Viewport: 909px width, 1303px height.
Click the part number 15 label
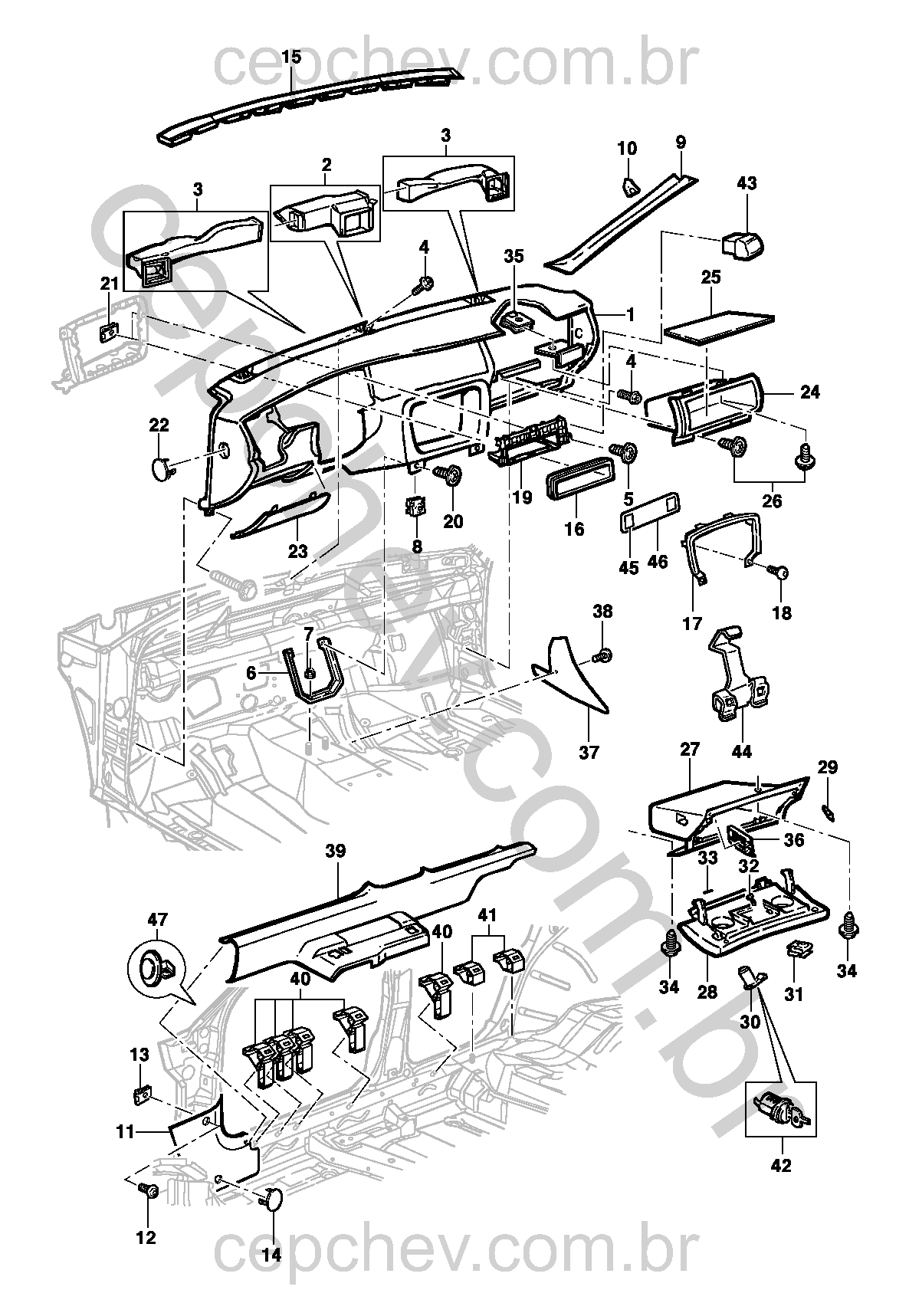click(x=291, y=57)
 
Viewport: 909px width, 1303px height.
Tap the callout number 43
click(x=746, y=183)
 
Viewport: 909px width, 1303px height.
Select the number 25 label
click(x=710, y=277)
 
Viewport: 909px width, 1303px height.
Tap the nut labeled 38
click(x=602, y=655)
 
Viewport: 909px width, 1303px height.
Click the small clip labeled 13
click(x=140, y=1096)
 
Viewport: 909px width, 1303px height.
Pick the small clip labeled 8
click(x=417, y=507)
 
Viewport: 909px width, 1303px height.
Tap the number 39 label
click(x=335, y=851)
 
